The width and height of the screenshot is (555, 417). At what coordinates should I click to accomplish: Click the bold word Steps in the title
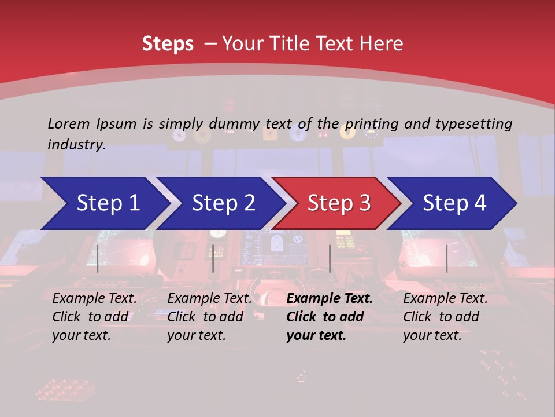[168, 44]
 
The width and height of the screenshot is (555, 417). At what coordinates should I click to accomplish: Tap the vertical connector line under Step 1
[98, 258]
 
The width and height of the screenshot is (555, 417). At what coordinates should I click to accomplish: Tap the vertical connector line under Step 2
[213, 258]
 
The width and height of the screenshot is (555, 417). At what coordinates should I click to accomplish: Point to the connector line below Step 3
[330, 258]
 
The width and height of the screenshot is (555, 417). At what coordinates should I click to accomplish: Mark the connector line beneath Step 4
[447, 258]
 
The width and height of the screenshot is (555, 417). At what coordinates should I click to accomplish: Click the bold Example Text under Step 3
[330, 299]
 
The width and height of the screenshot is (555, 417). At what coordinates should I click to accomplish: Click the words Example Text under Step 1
[94, 299]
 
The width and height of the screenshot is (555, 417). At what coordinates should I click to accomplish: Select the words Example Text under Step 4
[445, 299]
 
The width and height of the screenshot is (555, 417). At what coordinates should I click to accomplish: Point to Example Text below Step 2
[209, 299]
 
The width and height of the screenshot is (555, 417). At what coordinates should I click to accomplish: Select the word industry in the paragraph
[76, 145]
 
